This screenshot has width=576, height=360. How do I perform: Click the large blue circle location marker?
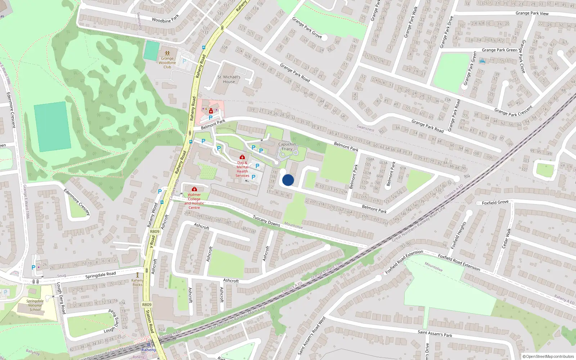pos(288,180)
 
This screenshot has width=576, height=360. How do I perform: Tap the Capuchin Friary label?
pos(287,147)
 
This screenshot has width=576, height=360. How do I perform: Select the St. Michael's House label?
pos(229,79)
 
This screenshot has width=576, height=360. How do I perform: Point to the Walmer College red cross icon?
pos(194,189)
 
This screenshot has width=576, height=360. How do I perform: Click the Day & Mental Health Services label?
pos(242,169)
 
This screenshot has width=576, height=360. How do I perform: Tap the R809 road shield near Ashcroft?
pos(154,231)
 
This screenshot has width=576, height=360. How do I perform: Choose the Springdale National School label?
pos(35,305)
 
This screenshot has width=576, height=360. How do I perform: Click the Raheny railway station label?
pos(149,350)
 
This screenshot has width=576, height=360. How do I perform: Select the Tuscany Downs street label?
pos(266,220)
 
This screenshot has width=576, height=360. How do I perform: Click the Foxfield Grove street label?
pos(495,203)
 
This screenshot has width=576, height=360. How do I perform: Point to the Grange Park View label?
pos(532,13)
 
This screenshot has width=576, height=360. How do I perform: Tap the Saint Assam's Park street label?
pos(435,334)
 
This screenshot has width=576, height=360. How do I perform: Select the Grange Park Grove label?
pos(307,27)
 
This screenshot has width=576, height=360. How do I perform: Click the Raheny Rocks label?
pos(137,283)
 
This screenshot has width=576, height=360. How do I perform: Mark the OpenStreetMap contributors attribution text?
pos(549,356)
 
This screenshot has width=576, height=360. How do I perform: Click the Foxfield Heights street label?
pos(458,235)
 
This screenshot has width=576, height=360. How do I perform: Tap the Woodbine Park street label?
pos(165,19)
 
